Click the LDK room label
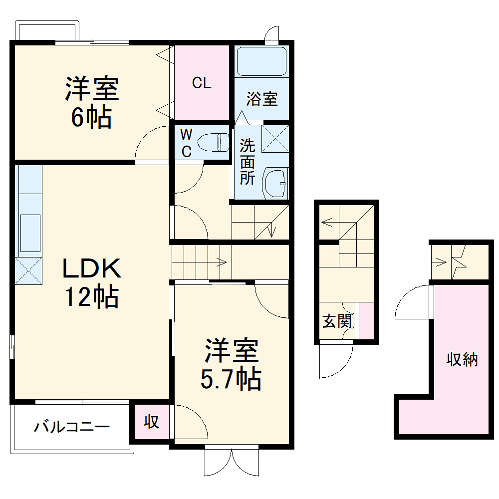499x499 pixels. pyautogui.click(x=91, y=269)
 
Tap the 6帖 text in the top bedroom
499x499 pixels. pyautogui.click(x=91, y=118)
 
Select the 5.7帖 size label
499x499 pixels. pyautogui.click(x=231, y=379)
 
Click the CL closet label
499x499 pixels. pyautogui.click(x=202, y=83)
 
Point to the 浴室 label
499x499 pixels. pyautogui.click(x=262, y=99)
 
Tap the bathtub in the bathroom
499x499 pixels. pyautogui.click(x=261, y=61)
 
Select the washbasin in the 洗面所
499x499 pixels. pyautogui.click(x=275, y=183)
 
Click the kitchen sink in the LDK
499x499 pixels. pyautogui.click(x=30, y=233)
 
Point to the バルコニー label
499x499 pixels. pyautogui.click(x=72, y=427)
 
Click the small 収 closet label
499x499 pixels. pyautogui.click(x=152, y=422)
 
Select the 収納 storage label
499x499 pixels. pyautogui.click(x=462, y=359)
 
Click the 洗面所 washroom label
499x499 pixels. pyautogui.click(x=248, y=162)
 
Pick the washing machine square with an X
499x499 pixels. pyautogui.click(x=275, y=138)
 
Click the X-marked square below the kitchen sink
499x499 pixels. pyautogui.click(x=28, y=270)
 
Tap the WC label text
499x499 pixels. pyautogui.click(x=186, y=143)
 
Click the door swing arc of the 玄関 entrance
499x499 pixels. pyautogui.click(x=337, y=362)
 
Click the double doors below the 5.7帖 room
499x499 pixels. pyautogui.click(x=232, y=463)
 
